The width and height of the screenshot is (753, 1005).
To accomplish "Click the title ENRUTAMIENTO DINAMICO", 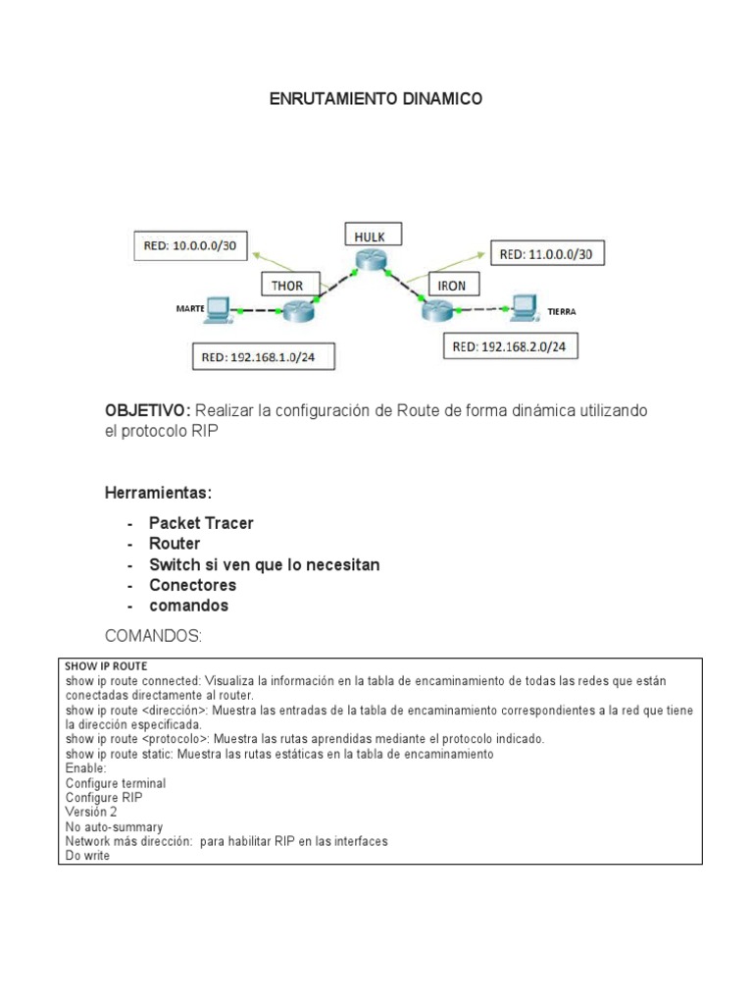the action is coord(376,100).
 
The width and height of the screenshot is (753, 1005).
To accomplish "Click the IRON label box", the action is coord(453,285).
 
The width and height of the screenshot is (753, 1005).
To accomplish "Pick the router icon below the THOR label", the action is coord(292,311).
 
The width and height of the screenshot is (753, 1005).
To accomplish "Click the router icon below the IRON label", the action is coord(434,311).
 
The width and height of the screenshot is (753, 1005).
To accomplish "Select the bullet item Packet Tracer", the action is coord(201,523).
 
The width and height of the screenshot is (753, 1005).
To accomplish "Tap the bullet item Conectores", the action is coord(192,585).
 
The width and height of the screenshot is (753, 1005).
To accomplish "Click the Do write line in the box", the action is coord(88,855).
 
